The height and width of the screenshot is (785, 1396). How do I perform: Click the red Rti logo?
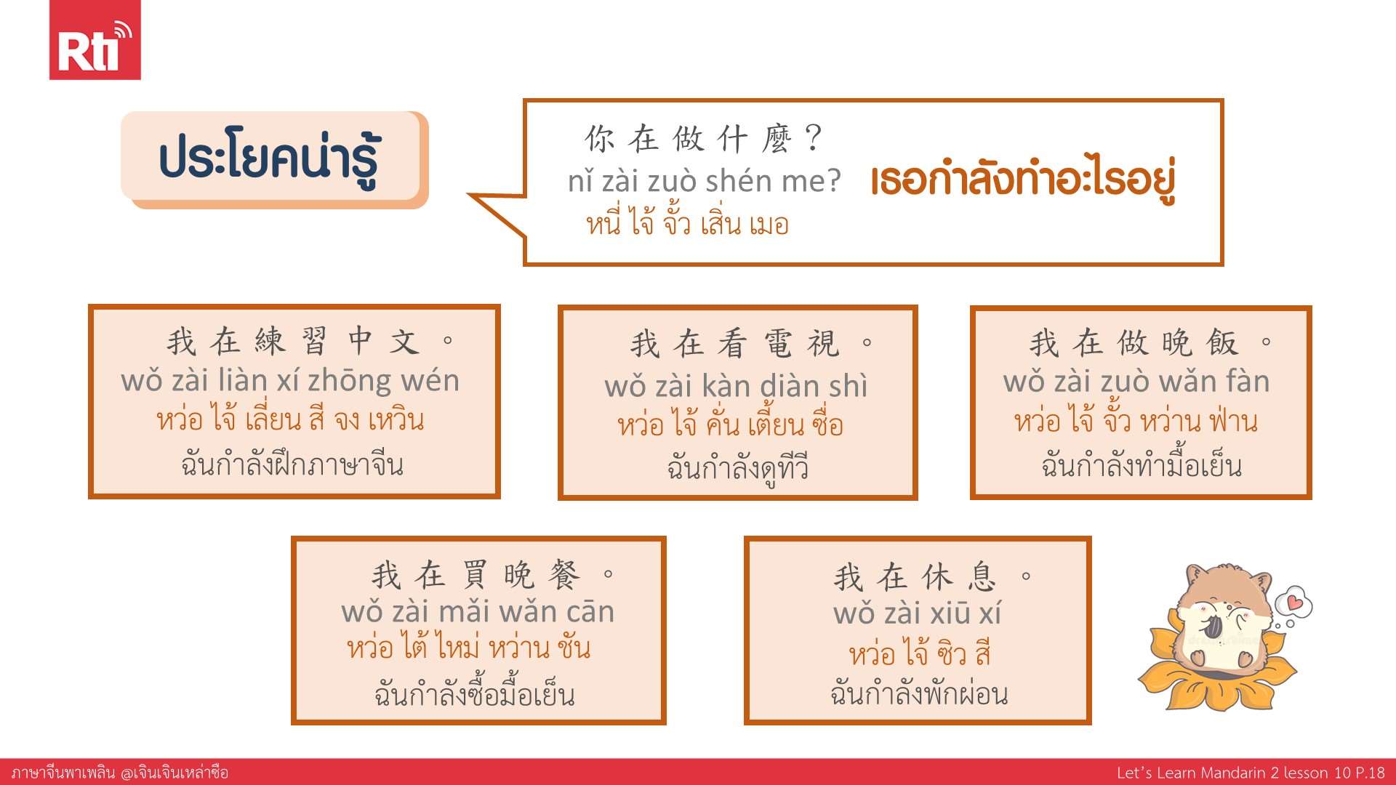click(x=95, y=40)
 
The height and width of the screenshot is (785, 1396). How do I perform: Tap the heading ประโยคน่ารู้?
click(x=269, y=159)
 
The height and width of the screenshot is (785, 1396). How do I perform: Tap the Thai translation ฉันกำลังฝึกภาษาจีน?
click(x=292, y=464)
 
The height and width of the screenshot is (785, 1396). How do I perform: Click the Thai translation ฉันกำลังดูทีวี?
click(x=737, y=467)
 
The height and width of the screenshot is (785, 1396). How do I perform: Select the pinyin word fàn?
click(x=1248, y=381)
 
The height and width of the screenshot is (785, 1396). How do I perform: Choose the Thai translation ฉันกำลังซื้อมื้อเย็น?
click(x=475, y=693)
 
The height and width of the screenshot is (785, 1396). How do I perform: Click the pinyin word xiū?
click(x=945, y=613)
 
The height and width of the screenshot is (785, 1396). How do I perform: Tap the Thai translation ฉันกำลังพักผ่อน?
click(x=919, y=693)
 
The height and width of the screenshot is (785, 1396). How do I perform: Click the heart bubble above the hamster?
click(x=1293, y=603)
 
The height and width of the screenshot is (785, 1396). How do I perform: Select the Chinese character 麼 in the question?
click(x=776, y=138)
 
